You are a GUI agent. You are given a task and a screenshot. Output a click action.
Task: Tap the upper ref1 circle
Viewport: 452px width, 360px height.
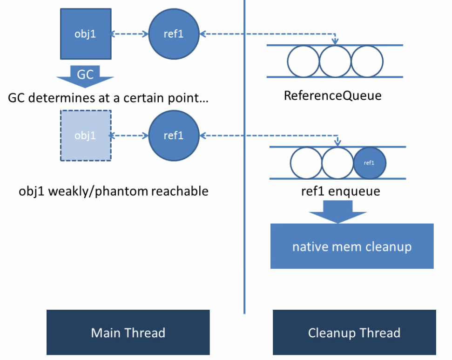point(174,34)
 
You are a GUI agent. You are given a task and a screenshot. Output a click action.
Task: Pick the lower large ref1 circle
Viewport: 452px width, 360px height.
point(174,136)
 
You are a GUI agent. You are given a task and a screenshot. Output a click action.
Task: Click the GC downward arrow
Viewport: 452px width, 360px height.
point(85,75)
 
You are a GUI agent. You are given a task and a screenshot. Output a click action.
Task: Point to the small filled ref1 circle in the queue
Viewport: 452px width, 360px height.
point(369,163)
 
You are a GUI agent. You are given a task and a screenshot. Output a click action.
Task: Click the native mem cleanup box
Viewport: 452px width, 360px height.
point(352,246)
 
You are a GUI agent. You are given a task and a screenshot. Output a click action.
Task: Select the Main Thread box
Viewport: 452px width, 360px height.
point(128,333)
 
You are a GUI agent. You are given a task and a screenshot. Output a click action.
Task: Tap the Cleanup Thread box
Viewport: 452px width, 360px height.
point(354,333)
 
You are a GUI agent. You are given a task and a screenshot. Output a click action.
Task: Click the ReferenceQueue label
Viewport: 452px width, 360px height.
point(332,96)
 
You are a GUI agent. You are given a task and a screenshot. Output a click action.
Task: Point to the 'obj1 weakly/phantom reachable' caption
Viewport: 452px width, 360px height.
point(114,191)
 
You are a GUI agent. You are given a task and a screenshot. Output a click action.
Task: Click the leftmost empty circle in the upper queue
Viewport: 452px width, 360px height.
point(303,61)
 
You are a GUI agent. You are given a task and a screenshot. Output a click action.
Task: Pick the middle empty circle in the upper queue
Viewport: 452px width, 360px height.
point(335,61)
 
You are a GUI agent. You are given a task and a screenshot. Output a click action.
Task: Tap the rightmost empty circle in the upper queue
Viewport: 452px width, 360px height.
point(367,61)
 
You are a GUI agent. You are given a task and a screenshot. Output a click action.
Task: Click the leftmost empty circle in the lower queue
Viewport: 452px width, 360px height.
point(306,163)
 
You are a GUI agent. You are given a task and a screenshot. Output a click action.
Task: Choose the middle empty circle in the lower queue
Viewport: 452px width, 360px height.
point(337,163)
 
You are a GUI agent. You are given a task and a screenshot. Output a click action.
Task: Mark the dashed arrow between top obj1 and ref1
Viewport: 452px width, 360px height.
point(130,34)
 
